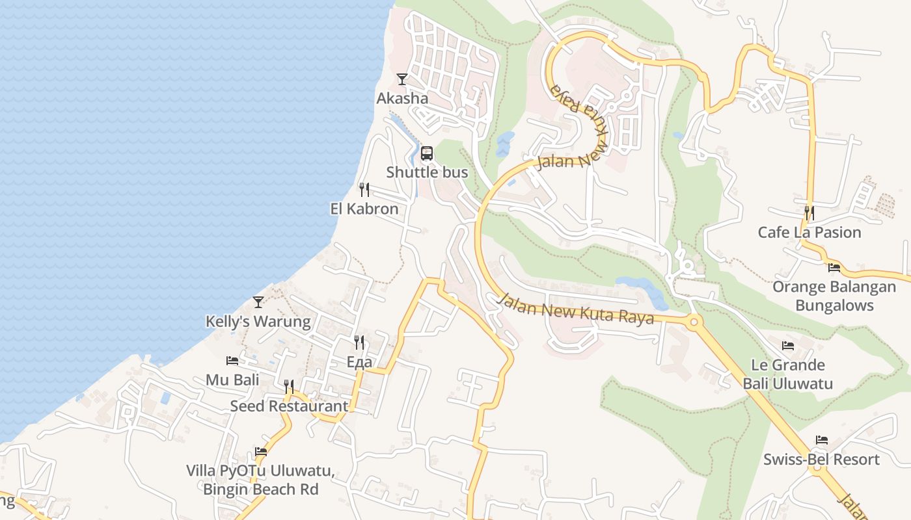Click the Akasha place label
coord(402,99)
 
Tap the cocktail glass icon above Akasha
coord(402,79)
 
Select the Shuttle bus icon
coord(426,153)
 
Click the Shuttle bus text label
coord(427,172)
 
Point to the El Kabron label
coord(364,209)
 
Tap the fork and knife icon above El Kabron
coord(364,190)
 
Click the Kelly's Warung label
coord(258,321)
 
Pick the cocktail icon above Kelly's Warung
coord(258,302)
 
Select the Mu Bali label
coord(232,380)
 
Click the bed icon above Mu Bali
coord(232,361)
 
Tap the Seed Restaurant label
coord(289,406)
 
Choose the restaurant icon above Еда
coord(359,342)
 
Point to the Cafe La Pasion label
coord(809,232)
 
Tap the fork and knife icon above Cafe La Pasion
coord(809,213)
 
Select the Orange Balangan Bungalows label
coord(834,296)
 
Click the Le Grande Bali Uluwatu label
coord(788,374)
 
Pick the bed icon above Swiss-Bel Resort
coord(821,440)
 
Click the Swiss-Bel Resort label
coord(821,459)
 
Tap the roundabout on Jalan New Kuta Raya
coord(694,321)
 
